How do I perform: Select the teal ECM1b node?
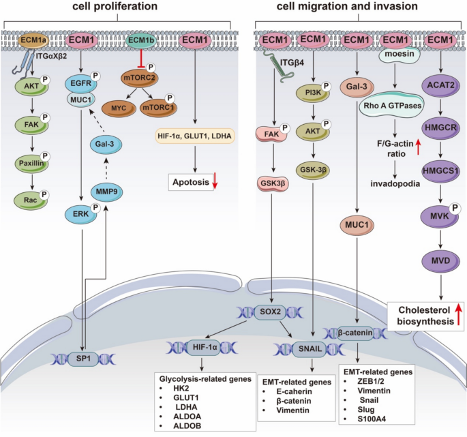pyautogui.click(x=140, y=42)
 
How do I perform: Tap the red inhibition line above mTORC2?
pyautogui.click(x=141, y=58)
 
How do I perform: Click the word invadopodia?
pyautogui.click(x=393, y=164)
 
